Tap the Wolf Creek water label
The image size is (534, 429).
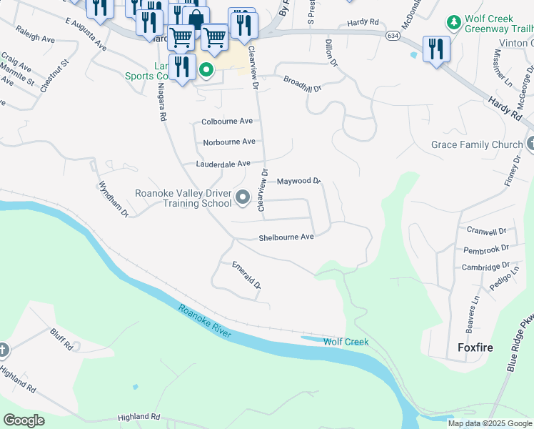click(x=346, y=342)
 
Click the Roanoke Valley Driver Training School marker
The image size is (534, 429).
click(x=243, y=197)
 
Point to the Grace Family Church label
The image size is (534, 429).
click(x=476, y=144)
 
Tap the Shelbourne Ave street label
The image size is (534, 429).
click(x=286, y=237)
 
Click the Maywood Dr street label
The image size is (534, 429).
click(x=299, y=182)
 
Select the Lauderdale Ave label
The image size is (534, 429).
click(x=223, y=164)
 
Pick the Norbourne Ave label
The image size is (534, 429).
click(x=228, y=142)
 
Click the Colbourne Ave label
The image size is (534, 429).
click(x=227, y=122)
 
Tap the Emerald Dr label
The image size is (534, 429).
click(x=247, y=275)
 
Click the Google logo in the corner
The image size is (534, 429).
click(x=24, y=420)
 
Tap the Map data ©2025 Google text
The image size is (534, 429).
click(x=490, y=423)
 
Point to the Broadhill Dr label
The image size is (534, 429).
click(x=303, y=84)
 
